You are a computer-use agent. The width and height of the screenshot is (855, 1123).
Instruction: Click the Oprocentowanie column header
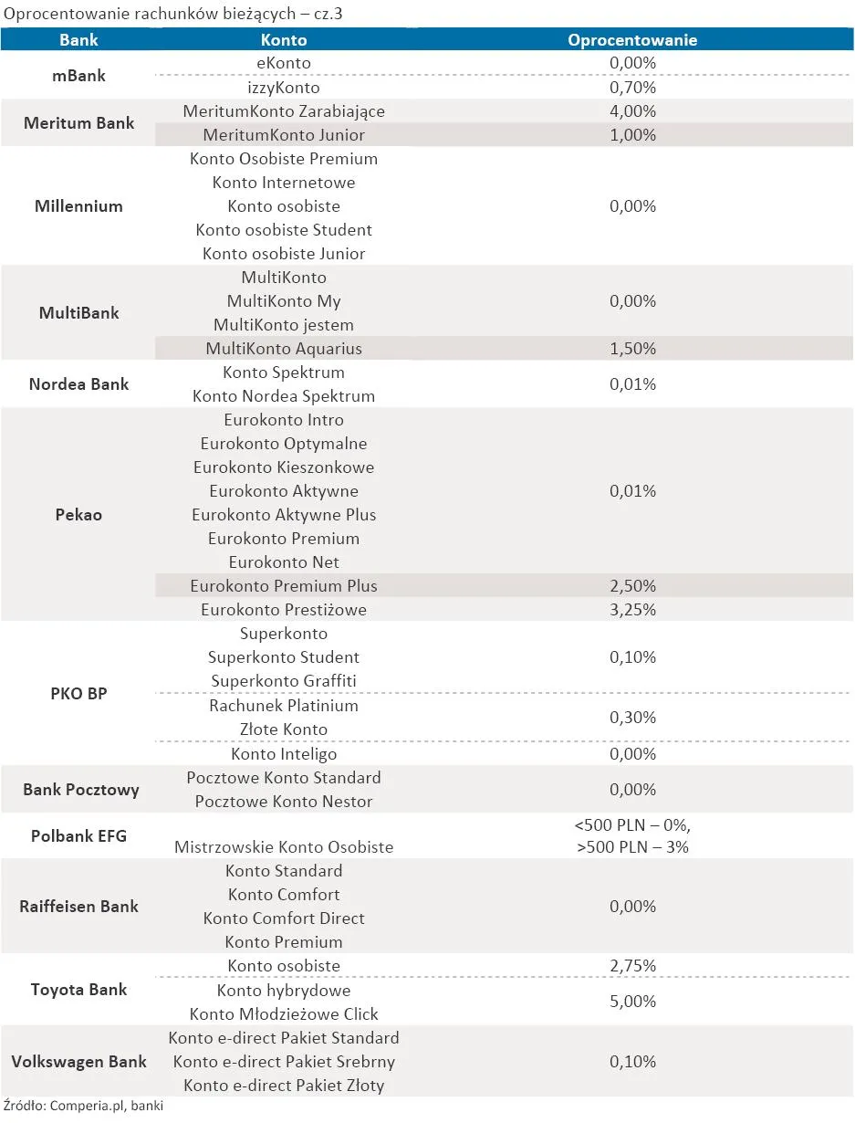632,40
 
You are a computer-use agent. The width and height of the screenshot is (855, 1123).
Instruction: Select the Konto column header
284,40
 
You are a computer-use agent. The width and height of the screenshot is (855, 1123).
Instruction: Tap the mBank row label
78,76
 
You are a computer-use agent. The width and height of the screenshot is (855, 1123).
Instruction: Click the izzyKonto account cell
284,88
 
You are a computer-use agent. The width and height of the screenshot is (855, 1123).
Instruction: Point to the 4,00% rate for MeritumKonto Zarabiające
632,111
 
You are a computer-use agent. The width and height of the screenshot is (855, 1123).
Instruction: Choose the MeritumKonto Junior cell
284,135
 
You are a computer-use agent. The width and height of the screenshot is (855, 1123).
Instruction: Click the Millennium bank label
78,206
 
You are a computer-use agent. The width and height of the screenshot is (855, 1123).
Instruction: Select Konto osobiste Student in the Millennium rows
284,230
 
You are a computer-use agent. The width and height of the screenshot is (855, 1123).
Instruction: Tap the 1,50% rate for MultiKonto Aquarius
632,349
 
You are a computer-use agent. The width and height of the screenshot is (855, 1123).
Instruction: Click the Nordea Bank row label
78,384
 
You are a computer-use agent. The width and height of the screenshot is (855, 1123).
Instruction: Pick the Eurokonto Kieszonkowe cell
284,467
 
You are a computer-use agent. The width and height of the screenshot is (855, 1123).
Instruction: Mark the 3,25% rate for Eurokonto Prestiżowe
632,610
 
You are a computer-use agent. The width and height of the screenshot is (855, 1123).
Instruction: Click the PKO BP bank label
78,694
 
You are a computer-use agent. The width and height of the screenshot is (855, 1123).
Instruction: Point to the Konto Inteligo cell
284,754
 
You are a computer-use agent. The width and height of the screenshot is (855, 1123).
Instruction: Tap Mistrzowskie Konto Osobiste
284,847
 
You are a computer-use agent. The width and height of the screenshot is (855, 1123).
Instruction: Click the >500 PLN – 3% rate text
632,847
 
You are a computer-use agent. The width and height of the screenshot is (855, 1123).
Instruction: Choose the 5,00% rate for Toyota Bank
632,1002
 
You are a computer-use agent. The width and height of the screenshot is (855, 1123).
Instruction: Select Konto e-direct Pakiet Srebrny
284,1062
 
